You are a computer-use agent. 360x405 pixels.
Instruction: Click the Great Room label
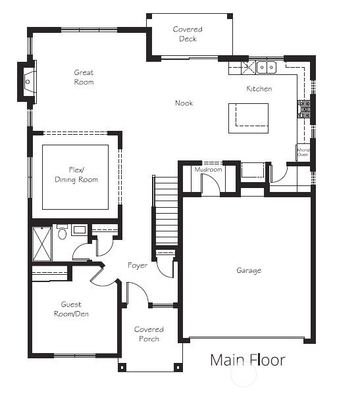tap(84, 77)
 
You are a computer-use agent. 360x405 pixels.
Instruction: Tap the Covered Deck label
tap(188, 34)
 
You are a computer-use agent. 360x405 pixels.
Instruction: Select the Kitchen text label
tap(259, 89)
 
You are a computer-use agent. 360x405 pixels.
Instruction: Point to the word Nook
tap(184, 103)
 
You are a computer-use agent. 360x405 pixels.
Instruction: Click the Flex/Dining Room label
tap(76, 175)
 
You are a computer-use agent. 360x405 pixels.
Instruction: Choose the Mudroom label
tap(208, 170)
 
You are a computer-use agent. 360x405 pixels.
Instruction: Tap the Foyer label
tap(138, 266)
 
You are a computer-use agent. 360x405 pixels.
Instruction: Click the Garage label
tap(249, 270)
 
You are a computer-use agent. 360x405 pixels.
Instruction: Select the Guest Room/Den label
tap(71, 309)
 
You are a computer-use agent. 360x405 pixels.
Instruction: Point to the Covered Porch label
tap(149, 334)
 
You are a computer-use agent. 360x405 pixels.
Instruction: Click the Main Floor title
tap(247, 360)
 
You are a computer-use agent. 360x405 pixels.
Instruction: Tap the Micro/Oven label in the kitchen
tap(303, 153)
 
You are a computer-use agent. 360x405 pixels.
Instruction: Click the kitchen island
tap(248, 118)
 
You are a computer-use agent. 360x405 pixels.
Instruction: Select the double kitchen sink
tap(266, 68)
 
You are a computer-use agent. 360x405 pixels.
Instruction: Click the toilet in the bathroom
tap(62, 231)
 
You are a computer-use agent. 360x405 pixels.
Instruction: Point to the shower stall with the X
tap(42, 244)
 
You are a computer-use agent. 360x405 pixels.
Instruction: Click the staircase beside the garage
tap(165, 210)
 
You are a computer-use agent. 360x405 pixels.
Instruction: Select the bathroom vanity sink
tap(79, 229)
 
